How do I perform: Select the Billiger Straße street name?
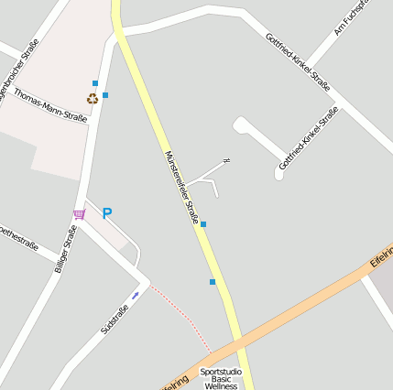click(x=64, y=249)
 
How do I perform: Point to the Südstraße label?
click(x=115, y=318)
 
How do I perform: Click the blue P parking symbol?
click(x=107, y=213)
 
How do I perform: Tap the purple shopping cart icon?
click(x=80, y=214)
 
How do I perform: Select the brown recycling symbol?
click(x=93, y=98)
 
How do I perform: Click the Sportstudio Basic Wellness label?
click(x=221, y=379)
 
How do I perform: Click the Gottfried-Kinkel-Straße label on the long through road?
click(x=297, y=62)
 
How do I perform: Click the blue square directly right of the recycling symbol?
click(x=105, y=95)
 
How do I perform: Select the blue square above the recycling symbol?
click(x=95, y=83)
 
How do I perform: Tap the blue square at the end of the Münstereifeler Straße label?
click(x=203, y=224)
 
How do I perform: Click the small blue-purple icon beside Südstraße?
click(x=136, y=295)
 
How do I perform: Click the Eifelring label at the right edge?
click(x=380, y=262)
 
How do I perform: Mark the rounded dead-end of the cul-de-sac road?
click(x=241, y=124)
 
